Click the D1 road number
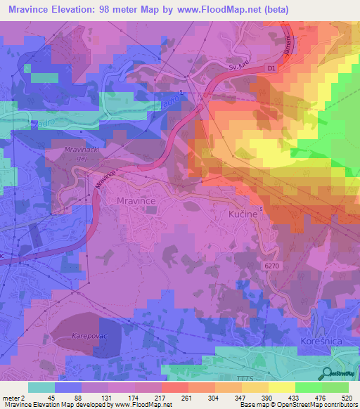[272, 68]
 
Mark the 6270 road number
[274, 265]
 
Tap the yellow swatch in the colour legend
[282, 387]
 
